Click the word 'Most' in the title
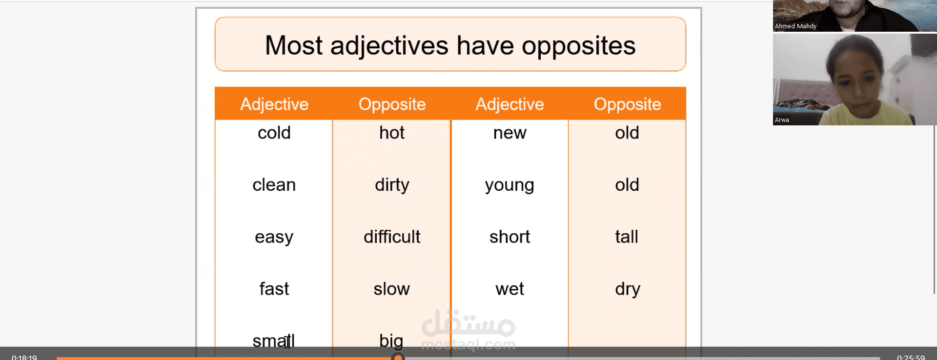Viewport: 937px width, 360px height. pyautogui.click(x=293, y=46)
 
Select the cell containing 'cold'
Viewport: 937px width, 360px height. pyautogui.click(x=274, y=133)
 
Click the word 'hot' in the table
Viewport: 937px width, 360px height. pyautogui.click(x=392, y=133)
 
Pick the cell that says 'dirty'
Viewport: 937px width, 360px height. pyautogui.click(x=392, y=185)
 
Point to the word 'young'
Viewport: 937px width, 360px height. pyautogui.click(x=509, y=185)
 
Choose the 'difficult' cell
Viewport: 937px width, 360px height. pyautogui.click(x=392, y=237)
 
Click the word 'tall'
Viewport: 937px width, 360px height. pyautogui.click(x=627, y=237)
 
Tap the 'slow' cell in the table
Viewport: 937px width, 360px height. pyautogui.click(x=391, y=289)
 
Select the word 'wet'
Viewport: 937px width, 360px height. pyautogui.click(x=509, y=289)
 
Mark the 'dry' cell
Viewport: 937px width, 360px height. pyautogui.click(x=627, y=289)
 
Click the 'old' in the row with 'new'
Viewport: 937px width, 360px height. pyautogui.click(x=627, y=133)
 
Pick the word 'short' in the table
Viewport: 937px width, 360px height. pyautogui.click(x=509, y=237)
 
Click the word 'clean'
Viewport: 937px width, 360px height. pyautogui.click(x=274, y=185)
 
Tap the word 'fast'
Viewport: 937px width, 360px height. pyautogui.click(x=274, y=289)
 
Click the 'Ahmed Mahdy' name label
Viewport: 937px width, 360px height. pyautogui.click(x=795, y=26)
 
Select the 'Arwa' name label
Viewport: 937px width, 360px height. pyautogui.click(x=782, y=120)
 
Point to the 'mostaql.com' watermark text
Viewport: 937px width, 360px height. pyautogui.click(x=468, y=345)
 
